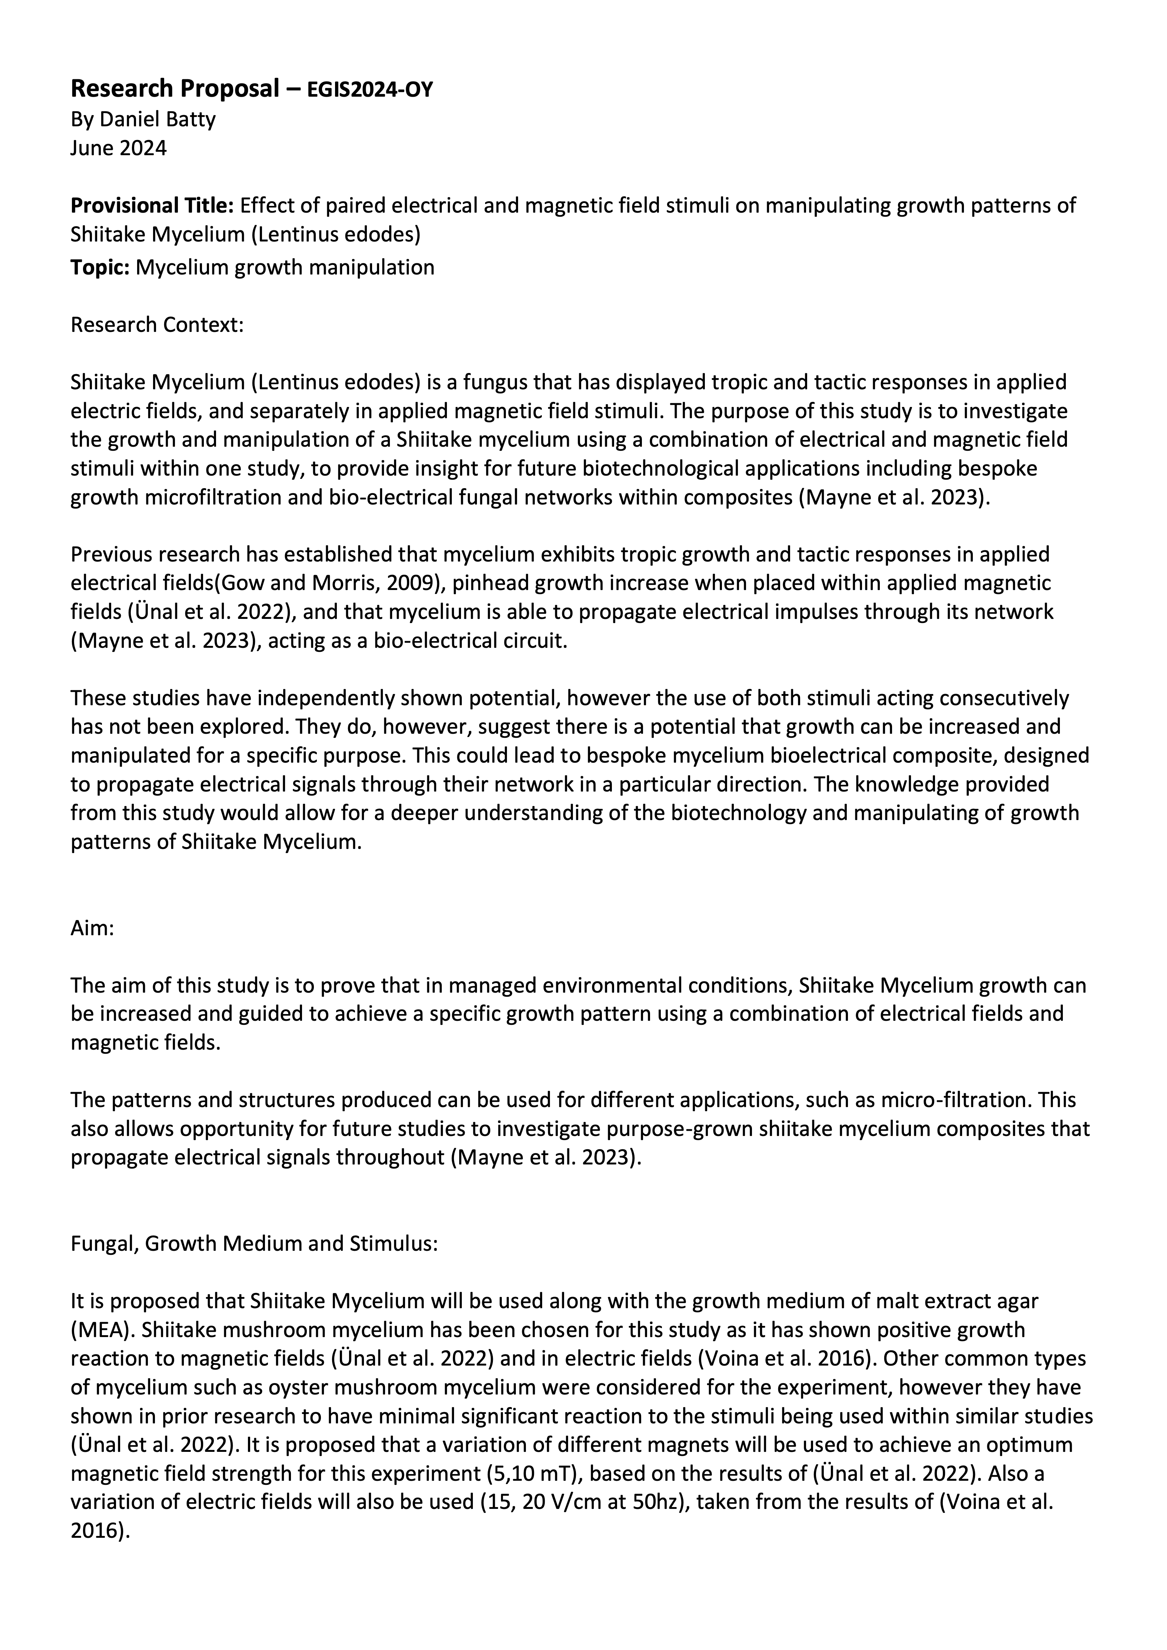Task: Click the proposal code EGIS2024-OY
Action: (x=370, y=90)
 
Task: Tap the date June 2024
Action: (x=119, y=148)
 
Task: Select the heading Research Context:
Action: (x=158, y=325)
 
